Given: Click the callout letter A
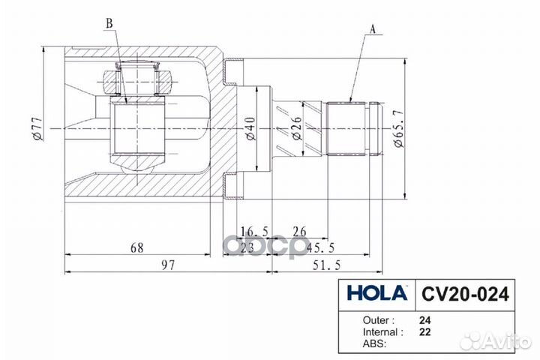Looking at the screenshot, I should point(372,30).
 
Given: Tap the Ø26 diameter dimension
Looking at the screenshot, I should point(295,130).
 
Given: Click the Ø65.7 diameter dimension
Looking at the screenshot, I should point(397,130).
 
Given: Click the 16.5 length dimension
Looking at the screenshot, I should point(250,231).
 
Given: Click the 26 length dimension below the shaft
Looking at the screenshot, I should point(299,231).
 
